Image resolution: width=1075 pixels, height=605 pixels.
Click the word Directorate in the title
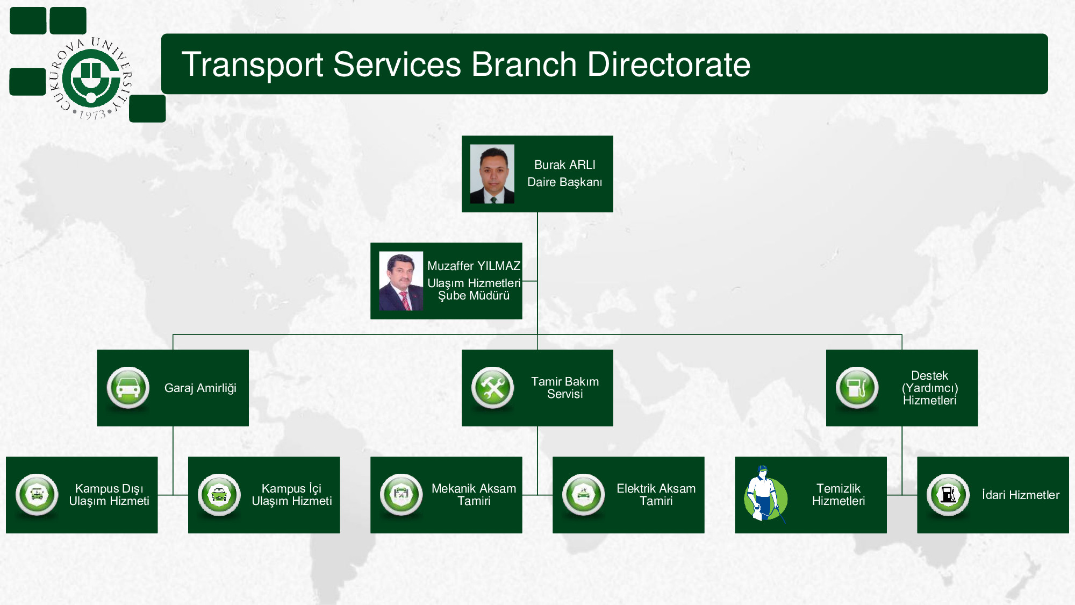(669, 65)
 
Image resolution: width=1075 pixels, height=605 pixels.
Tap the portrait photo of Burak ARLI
(492, 174)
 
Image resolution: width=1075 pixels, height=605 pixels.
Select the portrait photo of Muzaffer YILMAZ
(401, 281)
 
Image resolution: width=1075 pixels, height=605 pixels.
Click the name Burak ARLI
(564, 165)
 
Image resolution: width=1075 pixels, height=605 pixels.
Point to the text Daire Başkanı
(564, 182)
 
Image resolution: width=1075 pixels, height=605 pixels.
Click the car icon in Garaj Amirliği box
(128, 388)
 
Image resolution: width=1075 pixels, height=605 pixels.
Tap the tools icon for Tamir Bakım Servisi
(492, 388)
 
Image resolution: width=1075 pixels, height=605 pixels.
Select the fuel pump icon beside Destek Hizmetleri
(857, 388)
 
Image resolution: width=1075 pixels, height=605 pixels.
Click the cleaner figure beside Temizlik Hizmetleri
(765, 494)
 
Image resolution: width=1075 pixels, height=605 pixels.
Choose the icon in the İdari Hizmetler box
(948, 495)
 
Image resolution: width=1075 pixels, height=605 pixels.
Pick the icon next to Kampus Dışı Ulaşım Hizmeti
(37, 495)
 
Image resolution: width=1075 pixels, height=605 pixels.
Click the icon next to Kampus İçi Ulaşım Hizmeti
(219, 495)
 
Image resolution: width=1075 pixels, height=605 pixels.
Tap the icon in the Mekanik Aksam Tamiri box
(401, 495)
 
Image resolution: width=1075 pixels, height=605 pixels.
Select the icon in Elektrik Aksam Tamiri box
(583, 495)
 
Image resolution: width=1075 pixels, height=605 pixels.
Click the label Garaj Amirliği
(200, 388)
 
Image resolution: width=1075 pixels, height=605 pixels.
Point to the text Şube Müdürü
(474, 296)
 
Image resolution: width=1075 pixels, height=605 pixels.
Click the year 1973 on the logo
(92, 115)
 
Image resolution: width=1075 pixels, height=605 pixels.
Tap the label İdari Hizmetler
(1020, 495)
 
